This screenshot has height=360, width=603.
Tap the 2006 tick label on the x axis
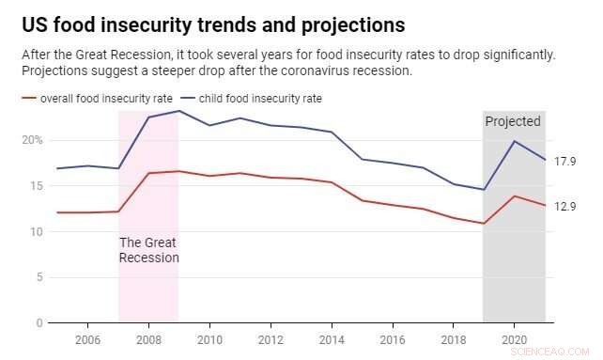pos(87,339)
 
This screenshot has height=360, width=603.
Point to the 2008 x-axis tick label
pos(148,339)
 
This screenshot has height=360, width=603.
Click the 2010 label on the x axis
pos(209,339)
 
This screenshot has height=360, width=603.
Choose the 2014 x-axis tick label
pos(332,339)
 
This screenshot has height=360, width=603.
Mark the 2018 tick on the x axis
pos(454,339)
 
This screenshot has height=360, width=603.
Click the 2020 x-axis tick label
pos(515,339)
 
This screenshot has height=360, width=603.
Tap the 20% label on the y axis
pos(33,140)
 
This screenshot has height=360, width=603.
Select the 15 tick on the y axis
pos(37,186)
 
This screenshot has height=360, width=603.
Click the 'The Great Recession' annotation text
pos(148,249)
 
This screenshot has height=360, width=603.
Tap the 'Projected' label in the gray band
pos(513,121)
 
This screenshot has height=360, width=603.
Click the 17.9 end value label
pos(564,162)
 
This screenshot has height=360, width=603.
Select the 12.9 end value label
pos(564,207)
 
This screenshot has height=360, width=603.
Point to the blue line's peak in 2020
pos(515,141)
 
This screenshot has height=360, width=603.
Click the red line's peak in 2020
pos(515,196)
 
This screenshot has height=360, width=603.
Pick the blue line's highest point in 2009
pos(178,111)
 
